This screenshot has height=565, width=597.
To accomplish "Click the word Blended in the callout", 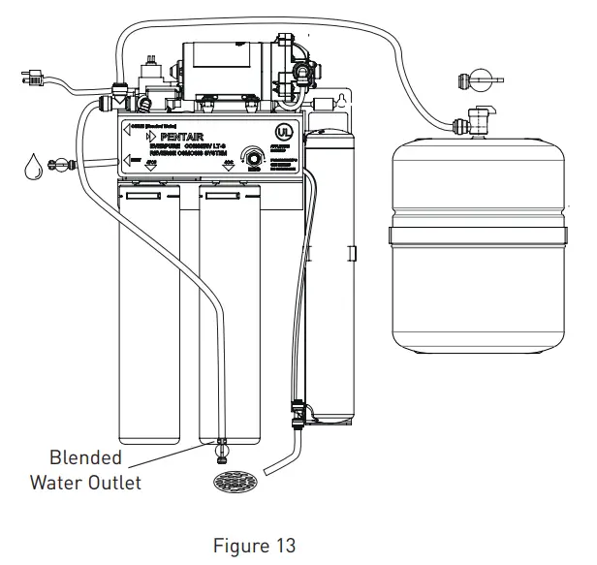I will click(85, 458).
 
